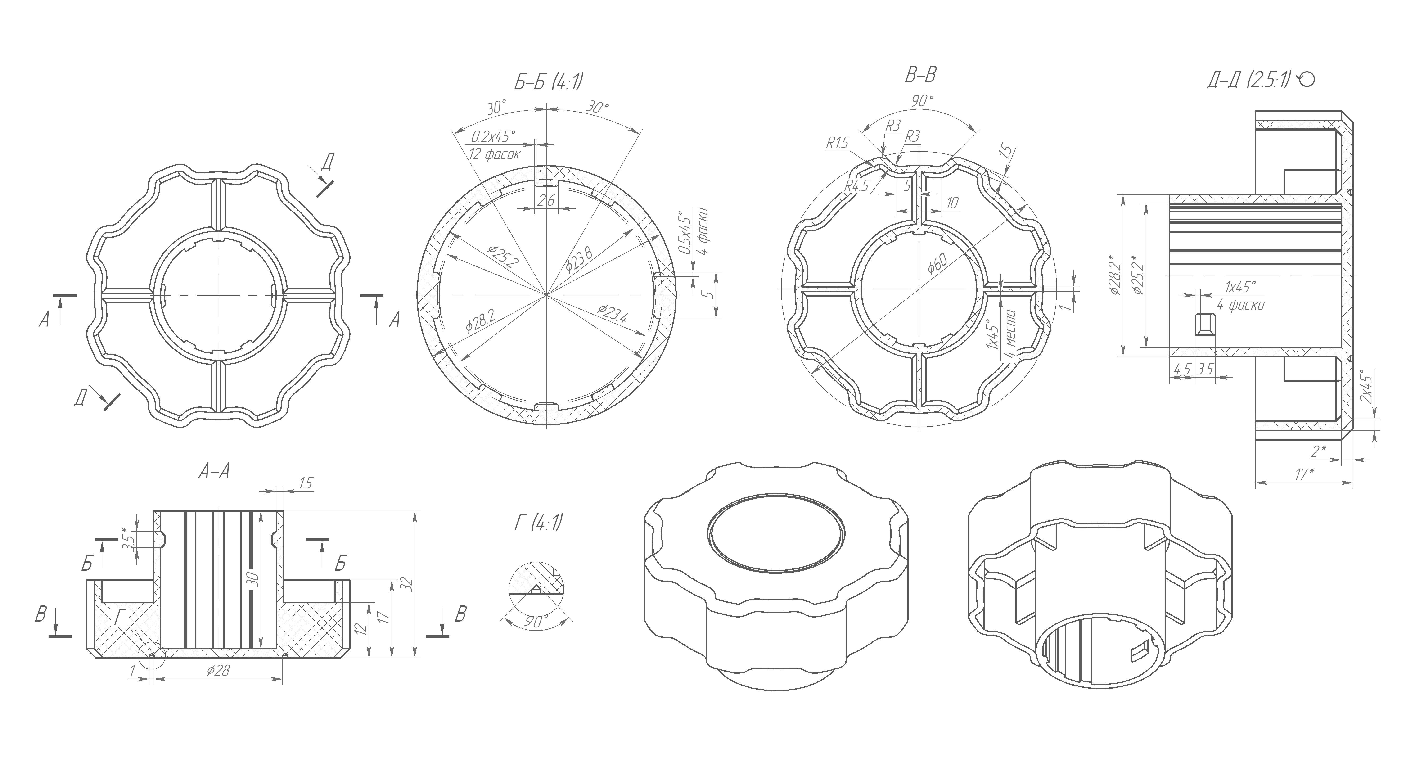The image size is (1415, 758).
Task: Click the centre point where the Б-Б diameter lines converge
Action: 547,296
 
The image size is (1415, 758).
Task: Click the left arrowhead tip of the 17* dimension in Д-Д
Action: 1256,482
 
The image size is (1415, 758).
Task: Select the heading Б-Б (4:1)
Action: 548,82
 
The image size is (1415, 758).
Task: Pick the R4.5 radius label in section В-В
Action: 857,186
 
